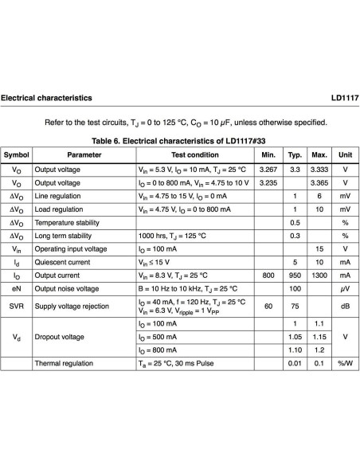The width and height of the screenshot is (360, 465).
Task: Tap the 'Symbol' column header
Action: [x=17, y=154]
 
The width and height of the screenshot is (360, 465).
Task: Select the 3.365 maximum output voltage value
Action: [x=319, y=183]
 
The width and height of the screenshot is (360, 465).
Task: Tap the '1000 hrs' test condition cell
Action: [x=173, y=236]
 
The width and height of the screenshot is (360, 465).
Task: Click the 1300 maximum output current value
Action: [x=319, y=275]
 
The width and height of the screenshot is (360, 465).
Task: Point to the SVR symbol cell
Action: [x=17, y=306]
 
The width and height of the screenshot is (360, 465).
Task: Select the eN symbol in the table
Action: [x=17, y=288]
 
